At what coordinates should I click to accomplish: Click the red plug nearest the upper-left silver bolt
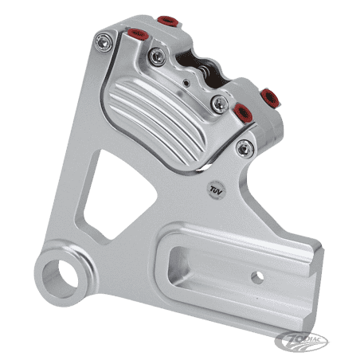(x=137, y=33)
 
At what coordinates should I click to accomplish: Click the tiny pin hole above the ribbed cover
(x=187, y=82)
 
